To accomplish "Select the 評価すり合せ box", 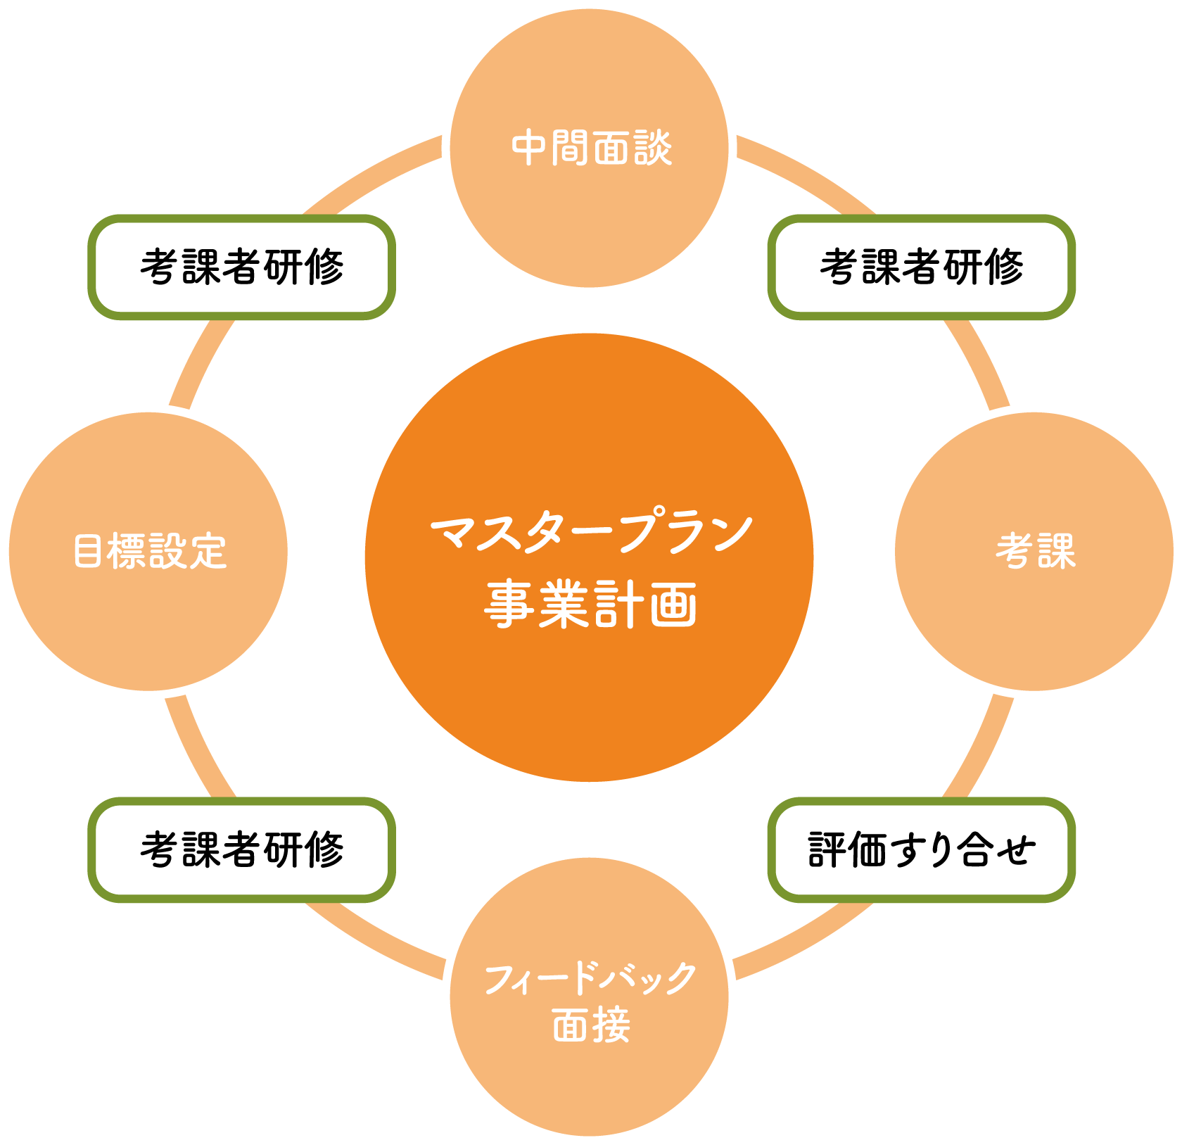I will pyautogui.click(x=921, y=849).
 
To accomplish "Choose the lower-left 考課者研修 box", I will pyautogui.click(x=241, y=849).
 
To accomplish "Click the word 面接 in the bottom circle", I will pyautogui.click(x=591, y=1025).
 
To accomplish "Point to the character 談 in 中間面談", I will pyautogui.click(x=653, y=148).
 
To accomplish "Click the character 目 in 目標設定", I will pyautogui.click(x=88, y=551).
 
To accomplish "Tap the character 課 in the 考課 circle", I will pyautogui.click(x=1057, y=551).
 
